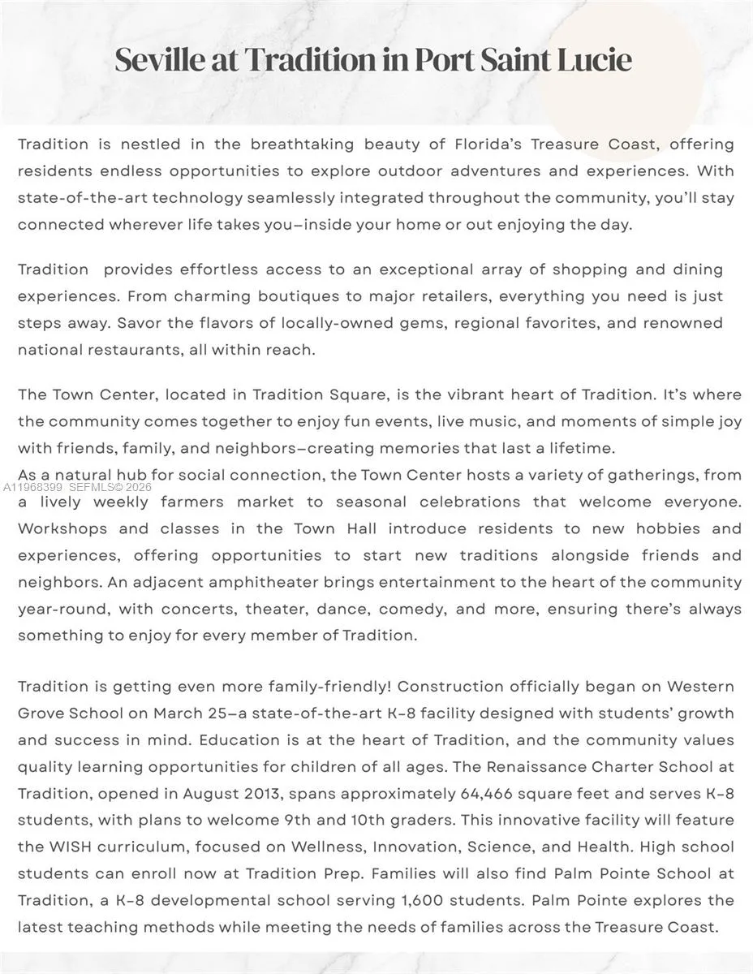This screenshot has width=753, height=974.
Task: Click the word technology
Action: [197, 198]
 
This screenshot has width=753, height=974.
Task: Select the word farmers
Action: [192, 502]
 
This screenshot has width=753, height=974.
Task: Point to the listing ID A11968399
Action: [33, 488]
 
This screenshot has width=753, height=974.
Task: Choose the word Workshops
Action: [62, 529]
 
